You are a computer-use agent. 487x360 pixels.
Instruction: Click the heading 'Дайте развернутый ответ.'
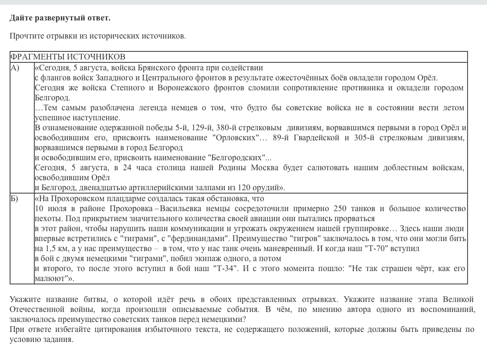(60, 18)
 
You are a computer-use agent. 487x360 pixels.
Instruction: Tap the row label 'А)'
(15, 68)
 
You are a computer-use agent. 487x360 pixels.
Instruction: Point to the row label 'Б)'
(15, 199)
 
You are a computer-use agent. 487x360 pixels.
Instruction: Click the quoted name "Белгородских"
(236, 158)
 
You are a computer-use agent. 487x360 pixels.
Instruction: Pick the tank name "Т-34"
(225, 269)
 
